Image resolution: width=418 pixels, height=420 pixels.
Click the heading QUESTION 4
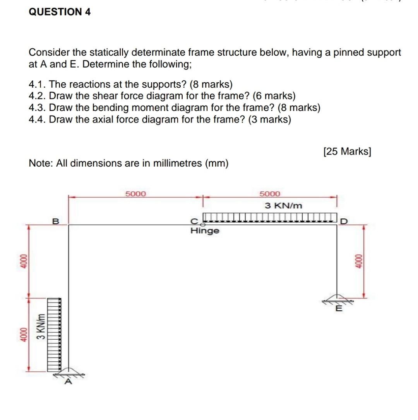[60, 12]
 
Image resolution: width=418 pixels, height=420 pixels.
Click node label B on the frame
[55, 221]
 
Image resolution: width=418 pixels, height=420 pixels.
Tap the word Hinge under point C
[205, 231]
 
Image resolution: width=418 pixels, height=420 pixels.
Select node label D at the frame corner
[344, 221]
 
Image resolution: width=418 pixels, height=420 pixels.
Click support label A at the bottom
[69, 382]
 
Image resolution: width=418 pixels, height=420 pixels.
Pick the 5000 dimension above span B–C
[136, 194]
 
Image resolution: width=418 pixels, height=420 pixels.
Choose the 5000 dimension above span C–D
[269, 194]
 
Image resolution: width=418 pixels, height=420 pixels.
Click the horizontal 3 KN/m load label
[283, 206]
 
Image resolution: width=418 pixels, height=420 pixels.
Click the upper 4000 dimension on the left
[23, 262]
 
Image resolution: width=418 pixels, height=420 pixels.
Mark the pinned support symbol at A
[69, 372]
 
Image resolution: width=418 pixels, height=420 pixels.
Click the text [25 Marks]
[347, 151]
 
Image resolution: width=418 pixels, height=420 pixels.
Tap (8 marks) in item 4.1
[211, 84]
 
